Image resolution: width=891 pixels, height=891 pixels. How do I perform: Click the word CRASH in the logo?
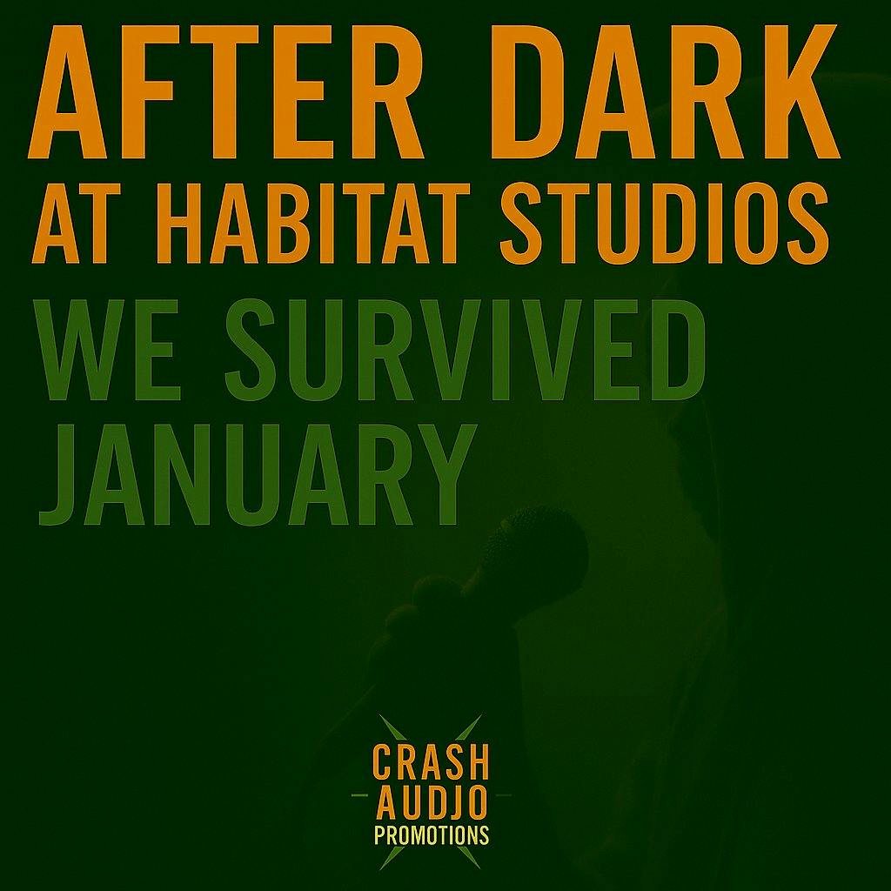coord(431,763)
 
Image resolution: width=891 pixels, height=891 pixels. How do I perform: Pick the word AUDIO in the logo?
coord(431,804)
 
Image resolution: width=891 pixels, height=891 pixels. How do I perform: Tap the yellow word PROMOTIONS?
coord(431,836)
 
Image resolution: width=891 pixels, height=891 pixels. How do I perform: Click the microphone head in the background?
coord(532,545)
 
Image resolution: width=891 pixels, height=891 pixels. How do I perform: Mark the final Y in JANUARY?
coord(444,474)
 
